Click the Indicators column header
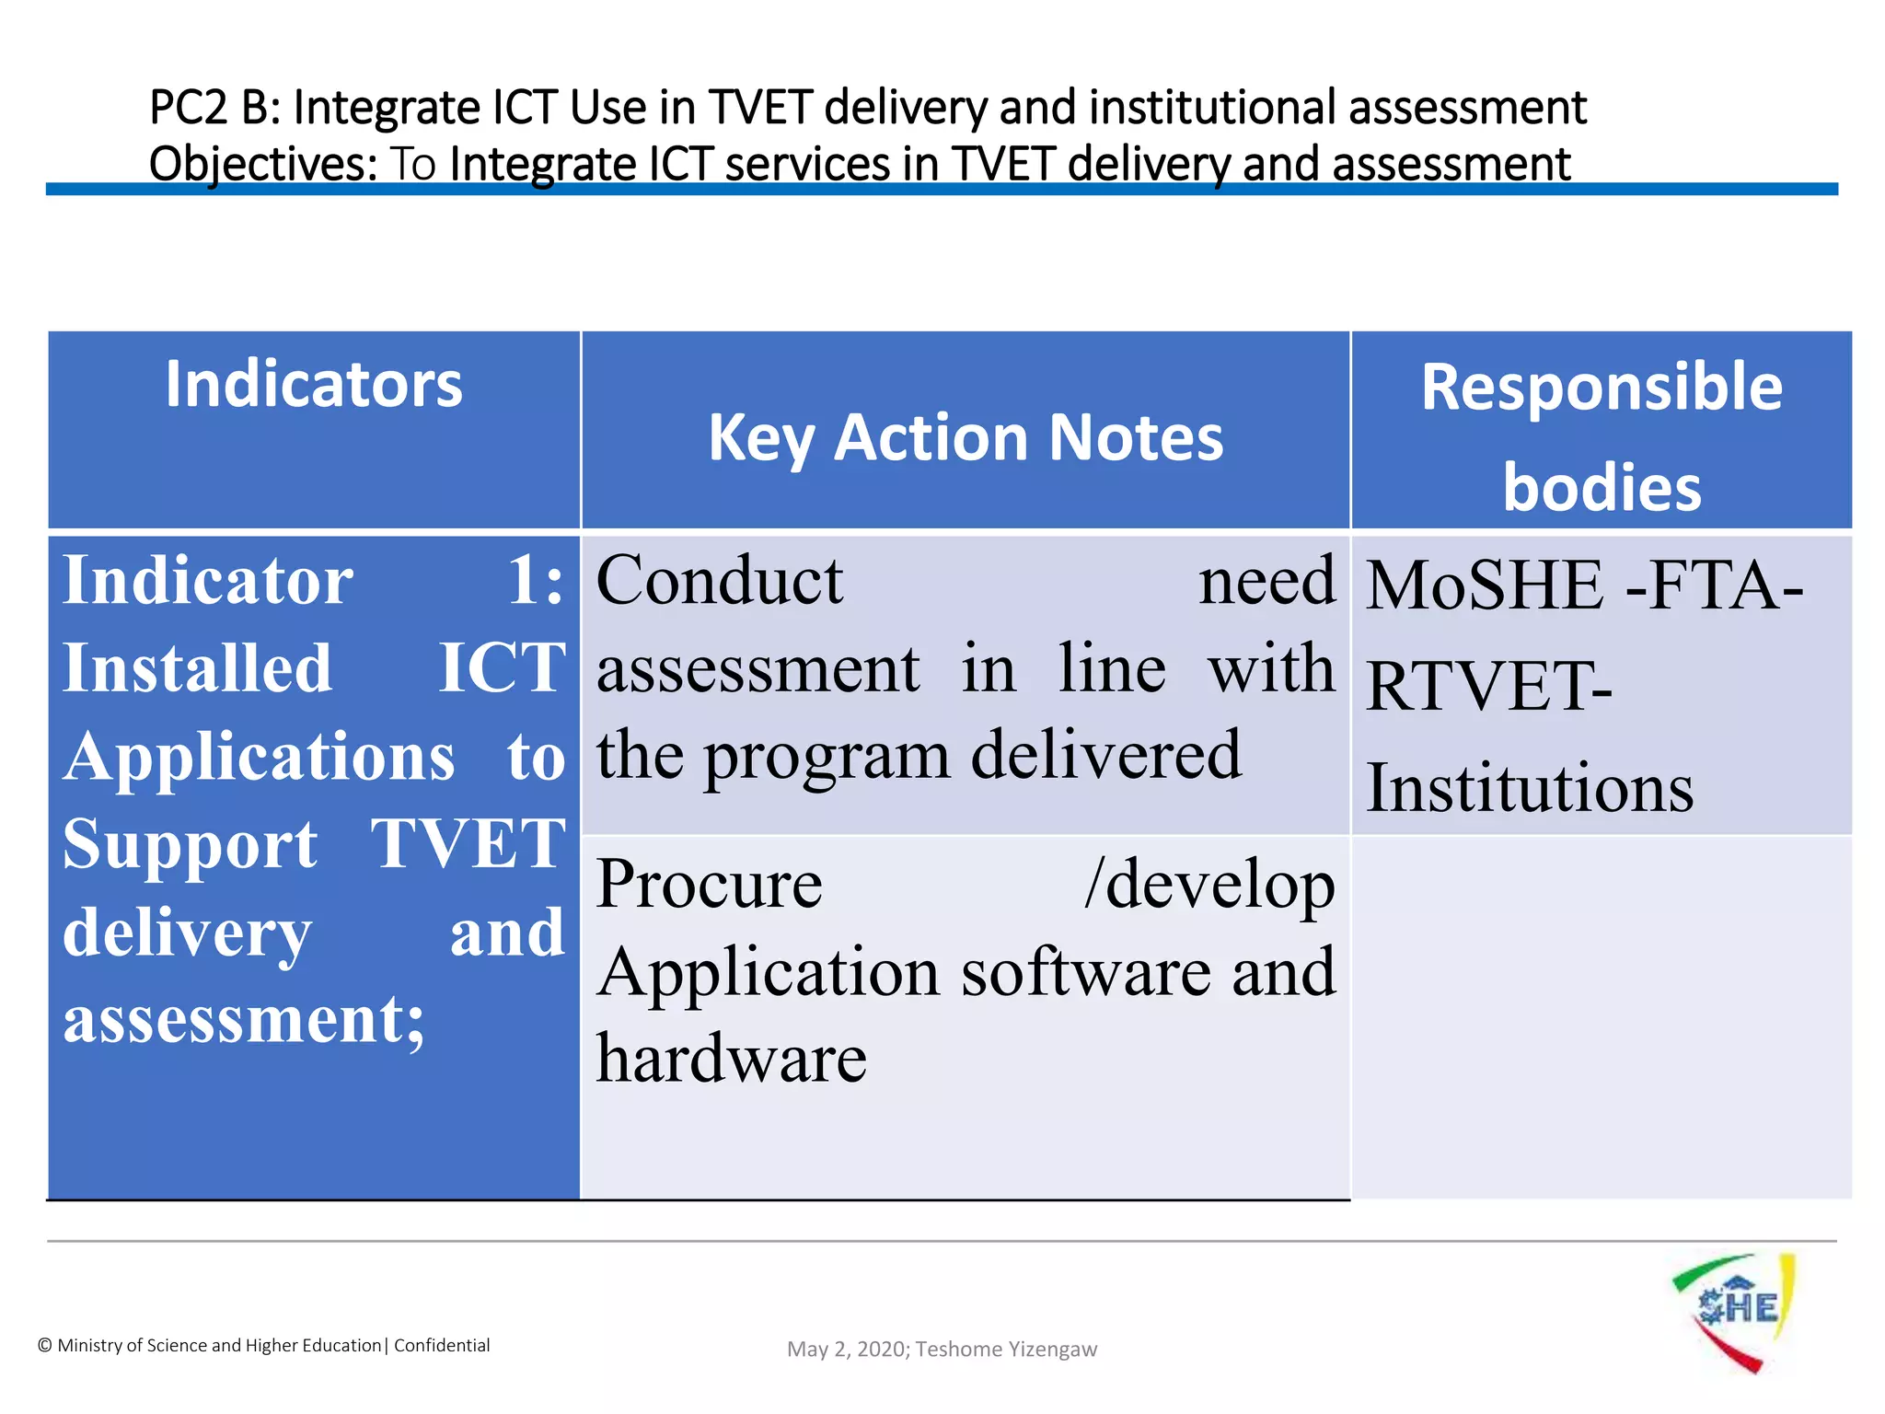click(x=314, y=385)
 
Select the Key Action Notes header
click(x=966, y=437)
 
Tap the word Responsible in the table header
click(x=1602, y=387)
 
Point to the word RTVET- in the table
click(x=1488, y=687)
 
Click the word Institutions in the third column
click(x=1529, y=788)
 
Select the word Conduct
click(x=719, y=581)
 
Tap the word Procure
click(x=709, y=884)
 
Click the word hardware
click(x=731, y=1059)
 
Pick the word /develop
click(x=1209, y=884)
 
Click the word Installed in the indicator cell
click(x=197, y=668)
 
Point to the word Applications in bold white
click(x=259, y=757)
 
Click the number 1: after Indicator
click(x=536, y=581)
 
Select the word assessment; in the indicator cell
click(x=244, y=1020)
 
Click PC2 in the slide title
click(x=188, y=108)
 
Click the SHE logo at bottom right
click(x=1734, y=1310)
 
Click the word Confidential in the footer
click(x=442, y=1346)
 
